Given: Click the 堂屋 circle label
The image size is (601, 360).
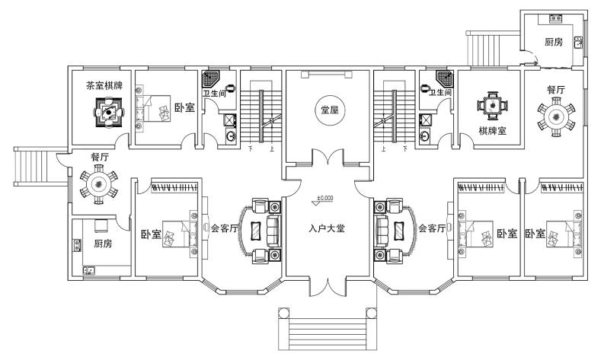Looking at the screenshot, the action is tap(330, 110).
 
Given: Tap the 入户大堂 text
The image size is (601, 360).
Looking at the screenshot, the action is tap(327, 228).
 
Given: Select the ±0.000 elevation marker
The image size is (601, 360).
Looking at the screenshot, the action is tap(324, 199).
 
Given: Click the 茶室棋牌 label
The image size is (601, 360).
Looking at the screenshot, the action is tap(104, 85).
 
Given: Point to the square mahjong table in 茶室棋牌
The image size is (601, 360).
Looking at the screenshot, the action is tap(109, 112).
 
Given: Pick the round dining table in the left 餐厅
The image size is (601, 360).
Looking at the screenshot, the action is tap(99, 184).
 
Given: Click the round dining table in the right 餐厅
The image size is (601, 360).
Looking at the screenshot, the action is tap(556, 116).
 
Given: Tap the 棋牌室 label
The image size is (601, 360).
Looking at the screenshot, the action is tap(493, 131).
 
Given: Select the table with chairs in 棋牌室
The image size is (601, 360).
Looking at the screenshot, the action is tap(493, 104).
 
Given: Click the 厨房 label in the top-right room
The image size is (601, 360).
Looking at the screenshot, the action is tap(554, 42).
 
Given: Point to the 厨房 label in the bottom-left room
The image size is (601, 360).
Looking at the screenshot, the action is tap(103, 244).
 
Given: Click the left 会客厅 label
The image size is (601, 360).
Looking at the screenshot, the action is tap(224, 228).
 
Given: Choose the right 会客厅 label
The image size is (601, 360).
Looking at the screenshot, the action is tap(432, 228).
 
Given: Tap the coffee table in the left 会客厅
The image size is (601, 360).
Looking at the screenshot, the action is tap(256, 231).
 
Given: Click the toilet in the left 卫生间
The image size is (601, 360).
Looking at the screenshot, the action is tap(230, 88).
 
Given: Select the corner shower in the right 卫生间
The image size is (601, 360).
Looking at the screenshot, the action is tap(444, 79).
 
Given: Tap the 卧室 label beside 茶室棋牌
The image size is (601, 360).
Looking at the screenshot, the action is tap(185, 107).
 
